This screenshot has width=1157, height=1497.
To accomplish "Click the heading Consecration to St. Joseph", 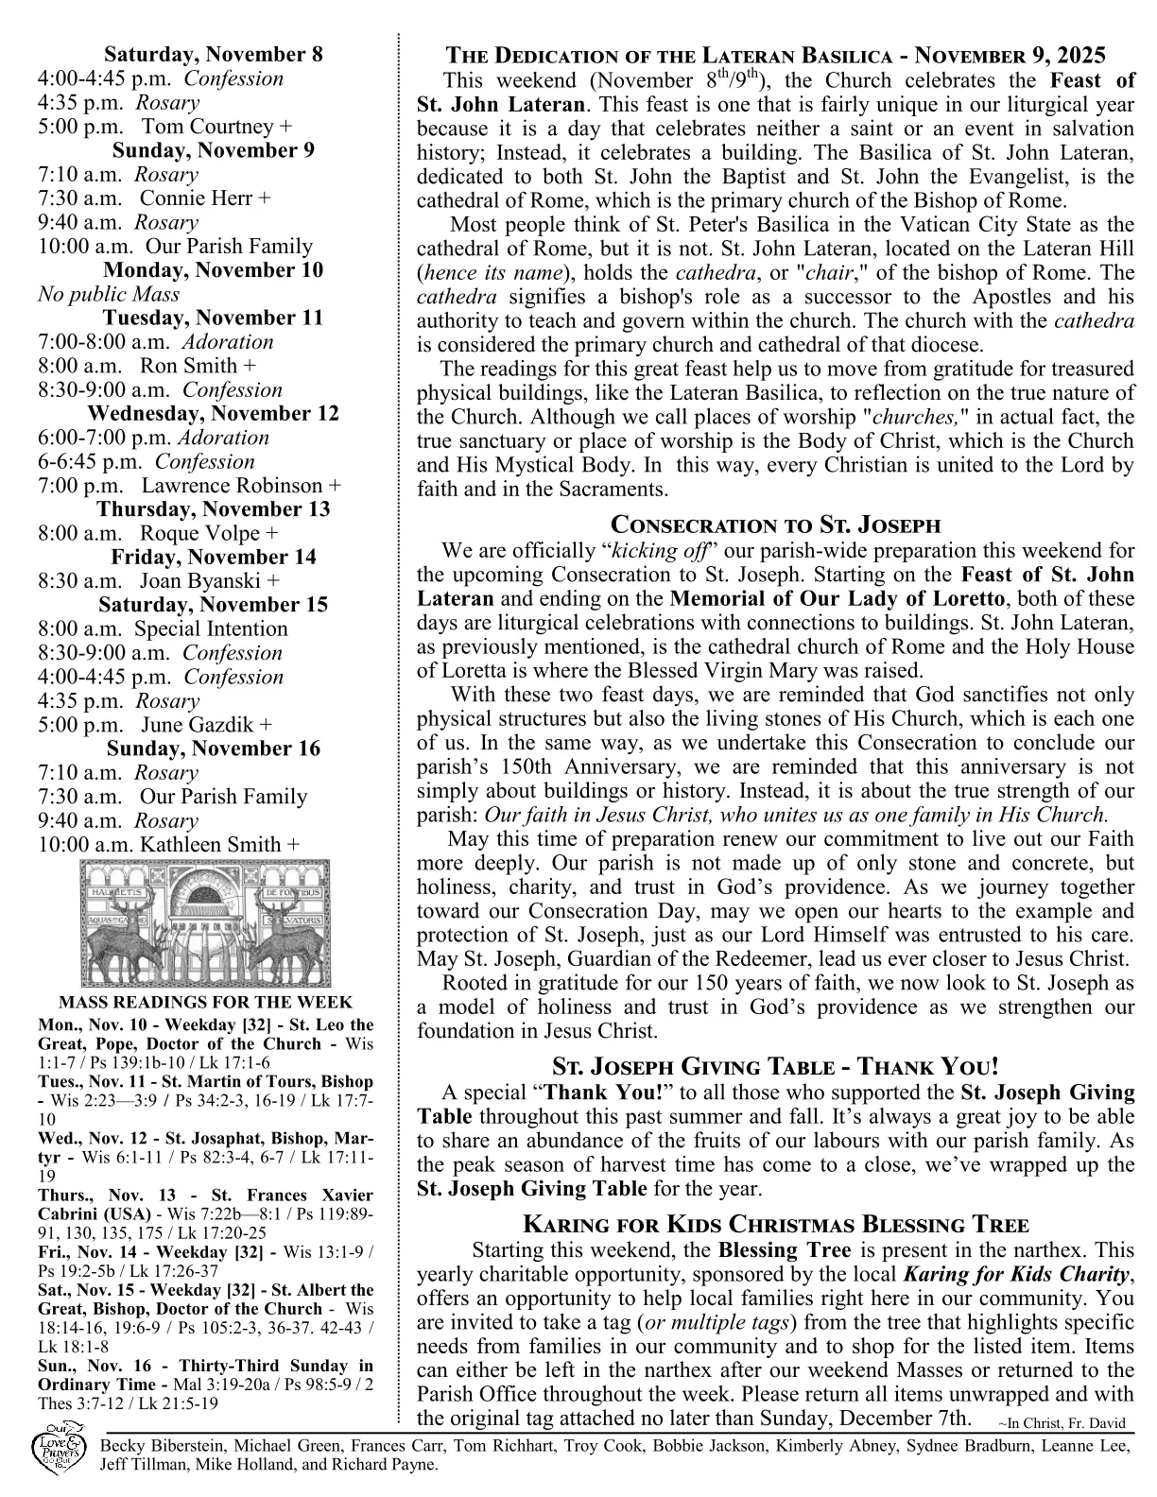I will (x=775, y=525).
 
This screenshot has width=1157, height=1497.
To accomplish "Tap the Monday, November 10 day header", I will (x=213, y=270).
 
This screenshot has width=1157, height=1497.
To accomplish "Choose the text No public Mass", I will (x=109, y=294).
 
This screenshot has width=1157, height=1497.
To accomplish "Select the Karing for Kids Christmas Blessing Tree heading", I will (x=775, y=1226).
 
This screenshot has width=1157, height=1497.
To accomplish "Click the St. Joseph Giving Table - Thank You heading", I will (x=775, y=1068).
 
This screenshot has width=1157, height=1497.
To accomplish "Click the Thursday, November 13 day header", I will (x=213, y=509).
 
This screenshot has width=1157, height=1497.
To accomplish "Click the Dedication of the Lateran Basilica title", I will (x=775, y=55).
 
